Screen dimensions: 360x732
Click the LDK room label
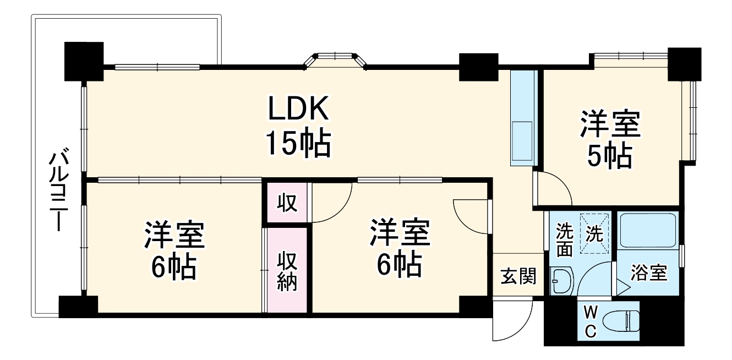click(x=298, y=108)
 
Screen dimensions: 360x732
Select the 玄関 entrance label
click(x=518, y=276)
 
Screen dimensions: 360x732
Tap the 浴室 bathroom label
click(x=649, y=272)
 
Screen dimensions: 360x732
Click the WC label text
click(x=589, y=323)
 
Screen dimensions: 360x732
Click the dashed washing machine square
click(x=594, y=235)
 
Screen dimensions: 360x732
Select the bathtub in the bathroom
click(x=647, y=231)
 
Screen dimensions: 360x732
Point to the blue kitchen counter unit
click(x=522, y=118)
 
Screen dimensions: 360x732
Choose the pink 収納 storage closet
click(x=287, y=270)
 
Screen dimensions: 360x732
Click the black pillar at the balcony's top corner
click(x=84, y=61)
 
